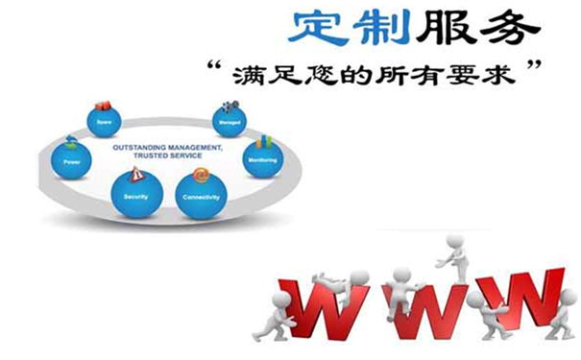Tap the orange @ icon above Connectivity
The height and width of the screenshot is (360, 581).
200,176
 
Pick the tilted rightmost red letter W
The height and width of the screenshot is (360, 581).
518,302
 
